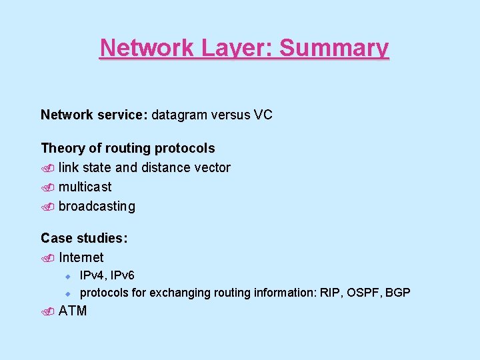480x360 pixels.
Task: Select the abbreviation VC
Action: click(263, 115)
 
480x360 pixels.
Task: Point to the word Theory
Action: click(61, 148)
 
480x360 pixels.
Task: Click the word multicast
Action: click(85, 187)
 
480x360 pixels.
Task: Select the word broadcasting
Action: click(97, 207)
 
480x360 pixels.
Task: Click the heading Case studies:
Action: click(85, 238)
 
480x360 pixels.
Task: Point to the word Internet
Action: click(81, 257)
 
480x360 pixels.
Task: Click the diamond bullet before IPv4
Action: click(67, 275)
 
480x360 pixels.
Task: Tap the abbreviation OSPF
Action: click(363, 293)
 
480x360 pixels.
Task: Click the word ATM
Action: click(73, 311)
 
